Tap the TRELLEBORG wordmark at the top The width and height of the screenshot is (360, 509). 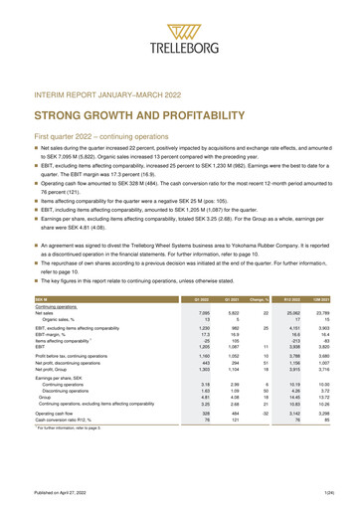[180, 48]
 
